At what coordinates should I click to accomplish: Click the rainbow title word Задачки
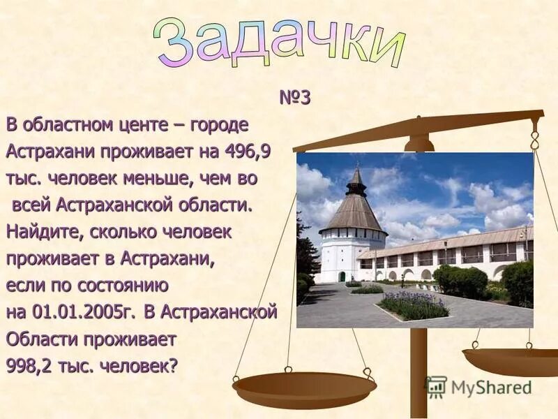click(x=279, y=41)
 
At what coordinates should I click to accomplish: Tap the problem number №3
click(x=294, y=98)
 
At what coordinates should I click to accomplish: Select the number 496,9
click(x=248, y=152)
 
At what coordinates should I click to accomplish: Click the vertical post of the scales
click(x=418, y=370)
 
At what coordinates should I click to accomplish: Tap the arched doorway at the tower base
click(x=342, y=276)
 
